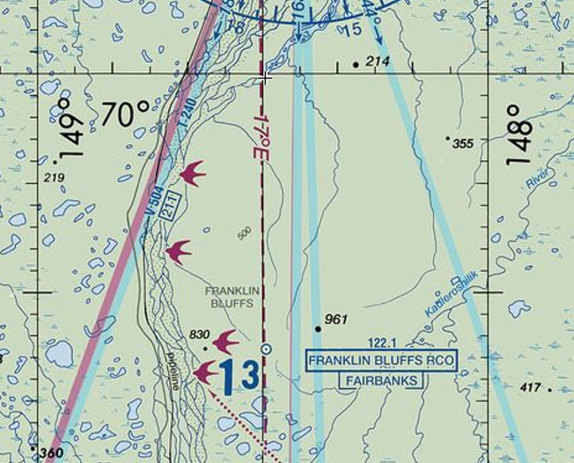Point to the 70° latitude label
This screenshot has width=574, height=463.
(125, 114)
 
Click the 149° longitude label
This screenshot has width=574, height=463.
(72, 129)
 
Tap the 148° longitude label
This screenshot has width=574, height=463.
(519, 136)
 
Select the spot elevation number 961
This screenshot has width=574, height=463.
(336, 319)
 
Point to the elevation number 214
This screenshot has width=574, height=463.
(377, 61)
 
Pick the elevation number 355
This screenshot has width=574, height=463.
(463, 143)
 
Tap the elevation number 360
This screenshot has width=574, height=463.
(52, 453)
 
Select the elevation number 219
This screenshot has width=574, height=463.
(54, 179)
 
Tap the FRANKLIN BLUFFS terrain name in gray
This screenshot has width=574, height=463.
(229, 296)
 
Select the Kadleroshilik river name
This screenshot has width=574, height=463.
(449, 299)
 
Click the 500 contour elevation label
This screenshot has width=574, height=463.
(244, 233)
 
